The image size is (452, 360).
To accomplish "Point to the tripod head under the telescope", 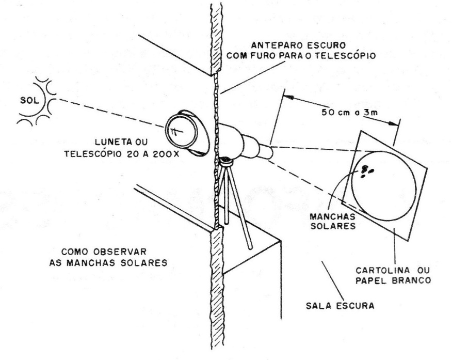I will pyautogui.click(x=225, y=162).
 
